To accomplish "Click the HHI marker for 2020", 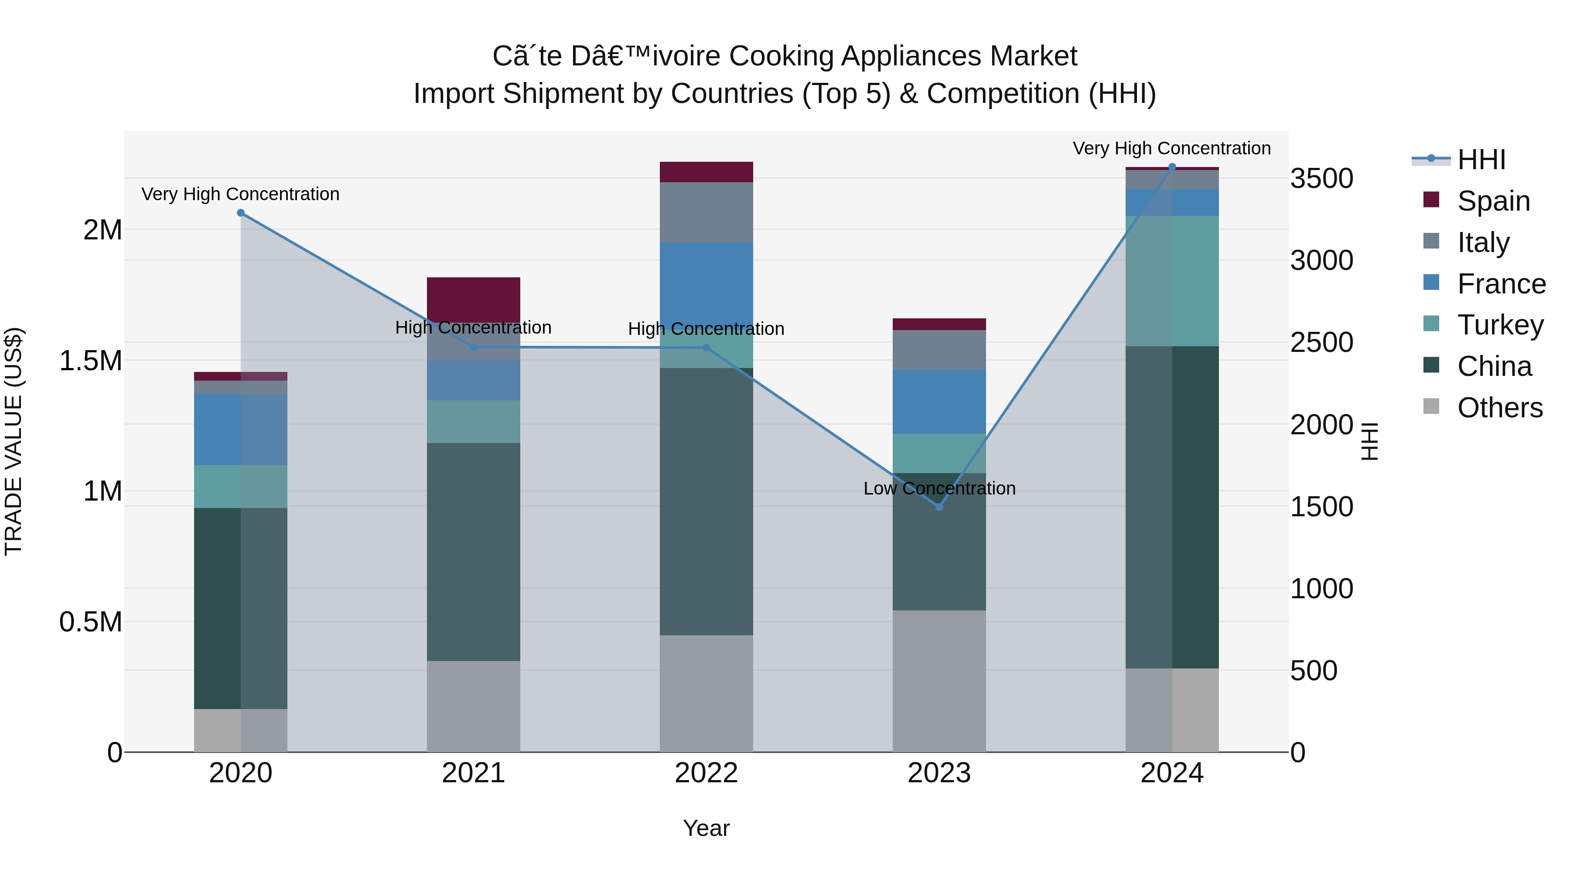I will [241, 213].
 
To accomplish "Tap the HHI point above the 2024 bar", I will [1171, 167].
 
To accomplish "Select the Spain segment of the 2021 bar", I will [474, 299].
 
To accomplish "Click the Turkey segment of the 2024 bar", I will [1171, 281].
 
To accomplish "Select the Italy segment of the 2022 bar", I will [706, 212].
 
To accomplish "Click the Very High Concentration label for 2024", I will [1171, 149].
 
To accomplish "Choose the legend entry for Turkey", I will [1499, 325].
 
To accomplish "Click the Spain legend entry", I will [1493, 201].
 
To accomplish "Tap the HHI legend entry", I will [1481, 160].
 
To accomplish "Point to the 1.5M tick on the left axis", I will [90, 361].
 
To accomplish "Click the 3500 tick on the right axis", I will [1321, 178].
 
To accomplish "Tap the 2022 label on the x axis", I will [706, 773].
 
